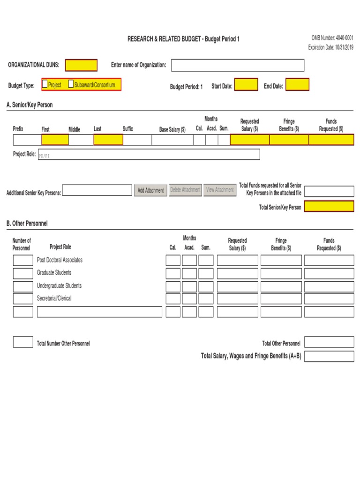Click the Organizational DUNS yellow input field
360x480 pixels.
pyautogui.click(x=81, y=65)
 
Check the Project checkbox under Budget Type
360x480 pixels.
pyautogui.click(x=45, y=84)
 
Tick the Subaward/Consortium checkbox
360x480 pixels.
pyautogui.click(x=71, y=84)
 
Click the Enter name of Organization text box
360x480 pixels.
pyautogui.click(x=237, y=65)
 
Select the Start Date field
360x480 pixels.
pyautogui.click(x=246, y=85)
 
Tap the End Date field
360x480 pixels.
pyautogui.click(x=297, y=85)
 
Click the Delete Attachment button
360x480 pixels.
pyautogui.click(x=185, y=190)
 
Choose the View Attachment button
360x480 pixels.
pyautogui.click(x=220, y=190)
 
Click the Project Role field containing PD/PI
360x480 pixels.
pyautogui.click(x=149, y=155)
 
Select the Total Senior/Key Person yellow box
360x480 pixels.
pyautogui.click(x=329, y=206)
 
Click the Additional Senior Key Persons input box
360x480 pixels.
pyautogui.click(x=97, y=190)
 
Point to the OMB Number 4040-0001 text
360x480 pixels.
pyautogui.click(x=332, y=38)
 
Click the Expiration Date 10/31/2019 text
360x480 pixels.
pyautogui.click(x=330, y=47)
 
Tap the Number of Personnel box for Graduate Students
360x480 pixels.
pyautogui.click(x=23, y=273)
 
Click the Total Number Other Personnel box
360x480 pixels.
pyautogui.click(x=23, y=342)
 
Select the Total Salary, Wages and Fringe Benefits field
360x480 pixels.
pyautogui.click(x=329, y=356)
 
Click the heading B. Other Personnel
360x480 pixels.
pyautogui.click(x=27, y=224)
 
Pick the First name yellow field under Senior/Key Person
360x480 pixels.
pyautogui.click(x=55, y=140)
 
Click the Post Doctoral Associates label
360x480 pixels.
pyautogui.click(x=60, y=260)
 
